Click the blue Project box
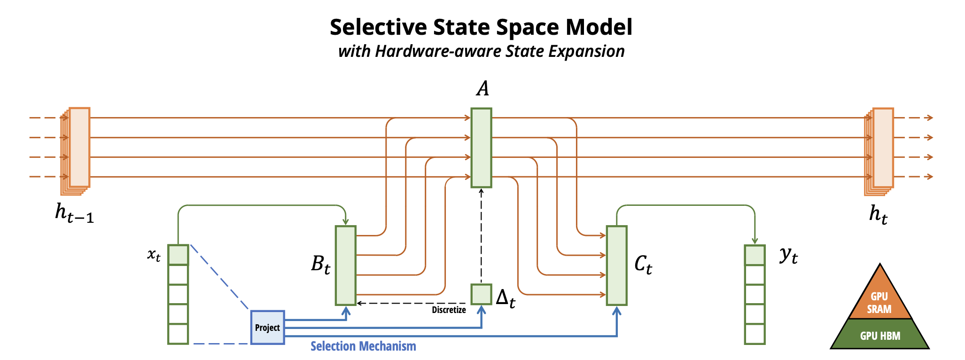tap(267, 327)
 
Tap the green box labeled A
tap(481, 148)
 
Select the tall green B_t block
tap(345, 265)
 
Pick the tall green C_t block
tap(616, 265)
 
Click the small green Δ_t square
tap(481, 294)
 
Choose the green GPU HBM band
tap(880, 335)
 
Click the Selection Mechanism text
tap(363, 346)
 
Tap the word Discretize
tap(449, 310)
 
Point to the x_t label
tap(154, 255)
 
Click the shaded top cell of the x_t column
tap(178, 255)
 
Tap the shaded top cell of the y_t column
tap(755, 255)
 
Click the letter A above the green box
tap(482, 88)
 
